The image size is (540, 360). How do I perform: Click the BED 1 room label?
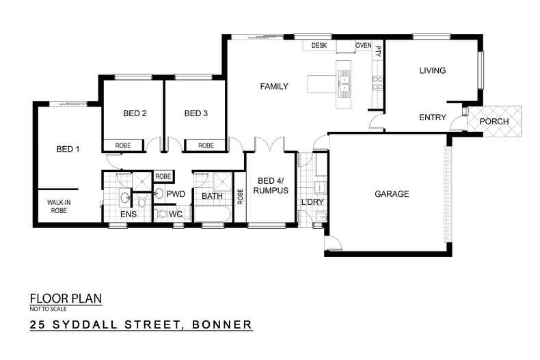coord(68,149)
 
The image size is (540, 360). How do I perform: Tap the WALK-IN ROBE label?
coord(59,206)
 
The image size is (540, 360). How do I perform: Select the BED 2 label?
coord(135,113)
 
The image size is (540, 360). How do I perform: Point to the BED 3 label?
coord(196,113)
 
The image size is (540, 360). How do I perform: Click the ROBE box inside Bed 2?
coord(123,146)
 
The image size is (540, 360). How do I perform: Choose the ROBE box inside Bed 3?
coord(206,146)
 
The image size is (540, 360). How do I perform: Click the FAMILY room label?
coord(274,87)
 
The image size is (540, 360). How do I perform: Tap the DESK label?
coord(319,46)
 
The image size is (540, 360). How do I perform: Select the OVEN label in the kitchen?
coord(363,46)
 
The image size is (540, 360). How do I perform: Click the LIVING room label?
coord(432,70)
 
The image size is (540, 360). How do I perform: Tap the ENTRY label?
coord(432,117)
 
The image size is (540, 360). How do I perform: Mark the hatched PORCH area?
coord(494,121)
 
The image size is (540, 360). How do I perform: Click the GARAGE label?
coord(392,194)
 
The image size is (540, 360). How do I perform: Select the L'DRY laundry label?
coord(311,203)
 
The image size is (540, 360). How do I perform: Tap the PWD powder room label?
coord(176,194)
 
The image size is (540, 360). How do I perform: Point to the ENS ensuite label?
coord(129,214)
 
